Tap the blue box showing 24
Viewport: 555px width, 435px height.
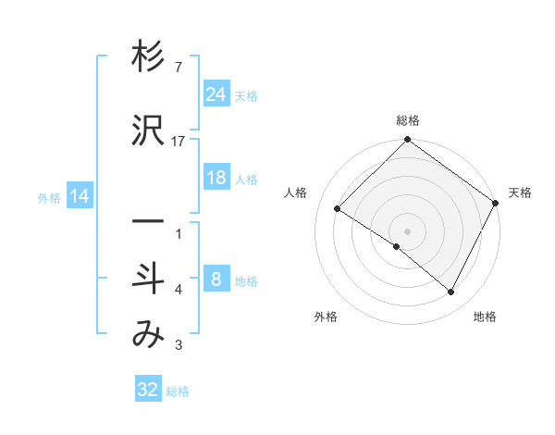pos(216,94)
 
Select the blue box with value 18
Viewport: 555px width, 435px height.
pos(216,179)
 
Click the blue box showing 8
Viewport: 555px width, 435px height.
pos(216,280)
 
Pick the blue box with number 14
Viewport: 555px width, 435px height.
pos(80,196)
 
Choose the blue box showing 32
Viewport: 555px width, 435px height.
pos(148,390)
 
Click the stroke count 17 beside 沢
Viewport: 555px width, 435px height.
pos(179,141)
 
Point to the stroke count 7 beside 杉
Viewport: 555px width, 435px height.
pos(179,68)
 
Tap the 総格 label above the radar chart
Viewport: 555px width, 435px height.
pos(407,120)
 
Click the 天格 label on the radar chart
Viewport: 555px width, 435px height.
pos(520,193)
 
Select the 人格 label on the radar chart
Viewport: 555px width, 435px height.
pos(296,193)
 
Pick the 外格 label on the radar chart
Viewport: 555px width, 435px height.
pos(326,317)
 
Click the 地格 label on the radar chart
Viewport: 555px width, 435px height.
pos(485,317)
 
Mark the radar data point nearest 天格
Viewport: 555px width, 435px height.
pos(495,203)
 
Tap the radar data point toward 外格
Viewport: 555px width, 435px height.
pos(397,246)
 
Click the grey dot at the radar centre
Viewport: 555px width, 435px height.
pos(407,230)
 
